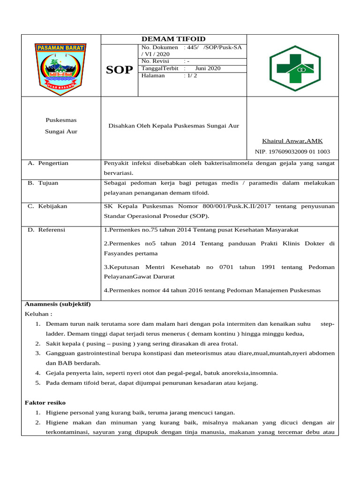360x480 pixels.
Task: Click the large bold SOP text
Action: tap(119, 70)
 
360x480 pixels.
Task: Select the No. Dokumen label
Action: tap(159, 47)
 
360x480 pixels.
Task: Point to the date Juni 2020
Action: tap(208, 68)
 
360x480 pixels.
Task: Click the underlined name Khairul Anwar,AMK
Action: tap(292, 141)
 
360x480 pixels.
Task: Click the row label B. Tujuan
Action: tap(43, 183)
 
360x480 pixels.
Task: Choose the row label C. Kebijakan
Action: tap(47, 206)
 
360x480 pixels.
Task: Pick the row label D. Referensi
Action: tap(46, 230)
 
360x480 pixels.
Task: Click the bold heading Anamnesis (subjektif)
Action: tap(57, 304)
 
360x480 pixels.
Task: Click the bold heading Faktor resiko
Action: tap(45, 403)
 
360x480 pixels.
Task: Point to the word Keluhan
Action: tap(37, 314)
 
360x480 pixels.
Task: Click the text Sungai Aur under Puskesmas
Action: tap(61, 132)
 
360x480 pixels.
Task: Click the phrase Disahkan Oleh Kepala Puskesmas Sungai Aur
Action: tap(174, 126)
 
